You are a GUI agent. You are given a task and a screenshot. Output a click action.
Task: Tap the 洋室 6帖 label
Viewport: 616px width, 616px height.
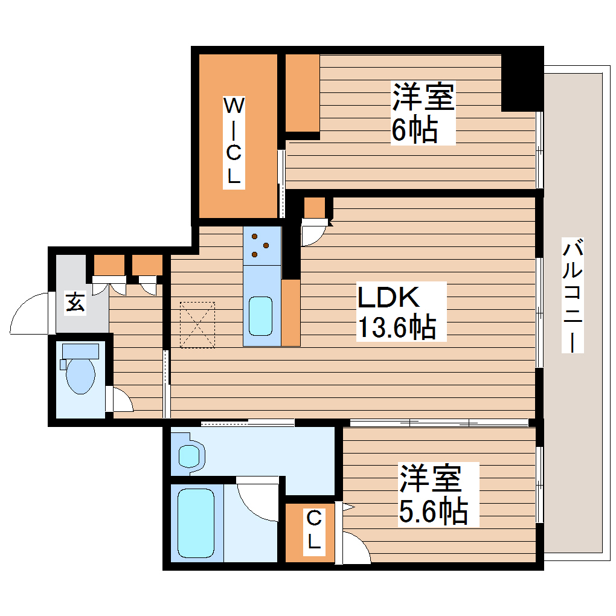coord(422,113)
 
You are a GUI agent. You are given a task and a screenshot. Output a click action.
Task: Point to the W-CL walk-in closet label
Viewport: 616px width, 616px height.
coord(234,141)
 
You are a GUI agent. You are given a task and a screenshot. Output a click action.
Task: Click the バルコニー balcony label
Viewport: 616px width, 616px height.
coord(574,296)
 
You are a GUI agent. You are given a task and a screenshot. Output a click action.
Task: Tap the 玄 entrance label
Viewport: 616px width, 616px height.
coord(75,301)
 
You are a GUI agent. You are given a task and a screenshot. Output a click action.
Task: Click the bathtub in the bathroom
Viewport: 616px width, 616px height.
coord(196,523)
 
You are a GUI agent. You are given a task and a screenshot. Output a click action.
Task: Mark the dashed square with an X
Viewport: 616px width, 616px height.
coord(198,325)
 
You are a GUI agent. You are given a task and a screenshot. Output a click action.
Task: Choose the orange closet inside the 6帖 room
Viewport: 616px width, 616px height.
coord(302,93)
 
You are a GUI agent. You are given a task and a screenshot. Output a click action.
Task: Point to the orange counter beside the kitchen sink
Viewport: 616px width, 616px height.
coord(290,313)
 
